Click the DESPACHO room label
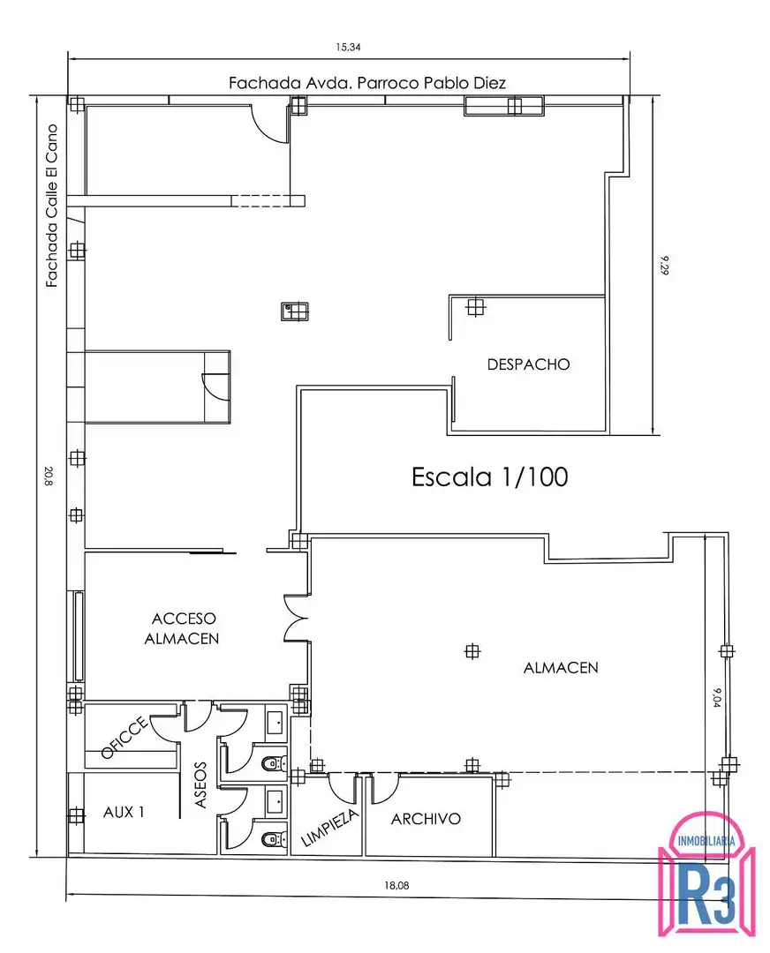[x=528, y=364]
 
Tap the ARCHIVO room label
[x=426, y=819]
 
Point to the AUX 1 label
[x=125, y=812]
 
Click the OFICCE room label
[x=125, y=737]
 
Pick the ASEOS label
[x=200, y=784]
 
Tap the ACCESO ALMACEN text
[x=183, y=628]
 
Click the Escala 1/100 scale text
[x=489, y=477]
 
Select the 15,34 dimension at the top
[x=348, y=47]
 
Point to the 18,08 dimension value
[x=396, y=885]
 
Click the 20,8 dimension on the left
[x=49, y=476]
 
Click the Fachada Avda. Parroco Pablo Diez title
[x=366, y=83]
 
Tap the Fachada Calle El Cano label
[x=52, y=206]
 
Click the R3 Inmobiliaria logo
[x=706, y=875]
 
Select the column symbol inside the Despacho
[x=475, y=308]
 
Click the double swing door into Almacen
[x=296, y=619]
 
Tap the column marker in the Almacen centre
[x=472, y=651]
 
